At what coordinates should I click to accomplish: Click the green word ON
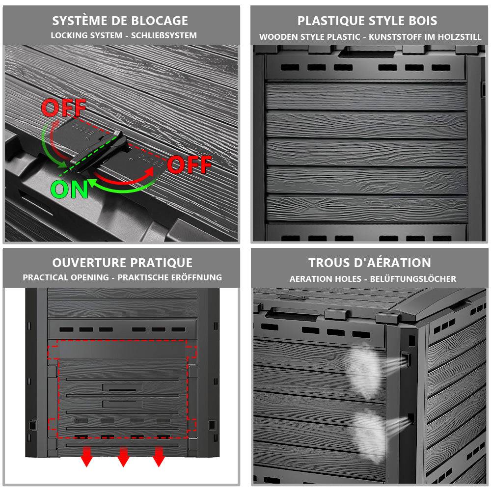point(69,189)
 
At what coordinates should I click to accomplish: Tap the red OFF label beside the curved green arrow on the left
point(63,108)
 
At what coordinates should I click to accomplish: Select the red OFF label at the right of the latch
point(190,164)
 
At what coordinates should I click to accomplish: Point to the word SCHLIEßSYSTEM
point(164,35)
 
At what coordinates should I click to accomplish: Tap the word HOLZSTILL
point(460,37)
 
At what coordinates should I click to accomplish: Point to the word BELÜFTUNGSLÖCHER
point(413,279)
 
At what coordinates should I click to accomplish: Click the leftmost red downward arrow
point(87,457)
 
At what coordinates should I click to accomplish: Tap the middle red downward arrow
point(123,457)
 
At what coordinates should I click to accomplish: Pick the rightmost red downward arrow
point(159,457)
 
